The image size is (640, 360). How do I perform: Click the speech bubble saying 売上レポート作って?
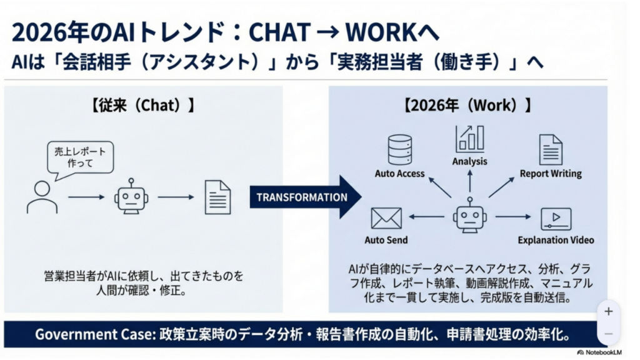(81, 156)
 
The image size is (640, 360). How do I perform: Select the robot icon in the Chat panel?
(131, 198)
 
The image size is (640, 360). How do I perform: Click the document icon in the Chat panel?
(217, 197)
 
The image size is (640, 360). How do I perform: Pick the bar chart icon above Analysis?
(469, 139)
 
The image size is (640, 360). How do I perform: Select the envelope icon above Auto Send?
(386, 218)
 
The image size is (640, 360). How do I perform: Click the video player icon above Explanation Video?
(556, 219)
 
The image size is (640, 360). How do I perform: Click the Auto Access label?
(399, 174)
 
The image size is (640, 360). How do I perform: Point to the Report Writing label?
(551, 174)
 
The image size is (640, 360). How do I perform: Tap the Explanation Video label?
(556, 240)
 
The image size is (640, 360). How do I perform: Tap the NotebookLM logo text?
(603, 352)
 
